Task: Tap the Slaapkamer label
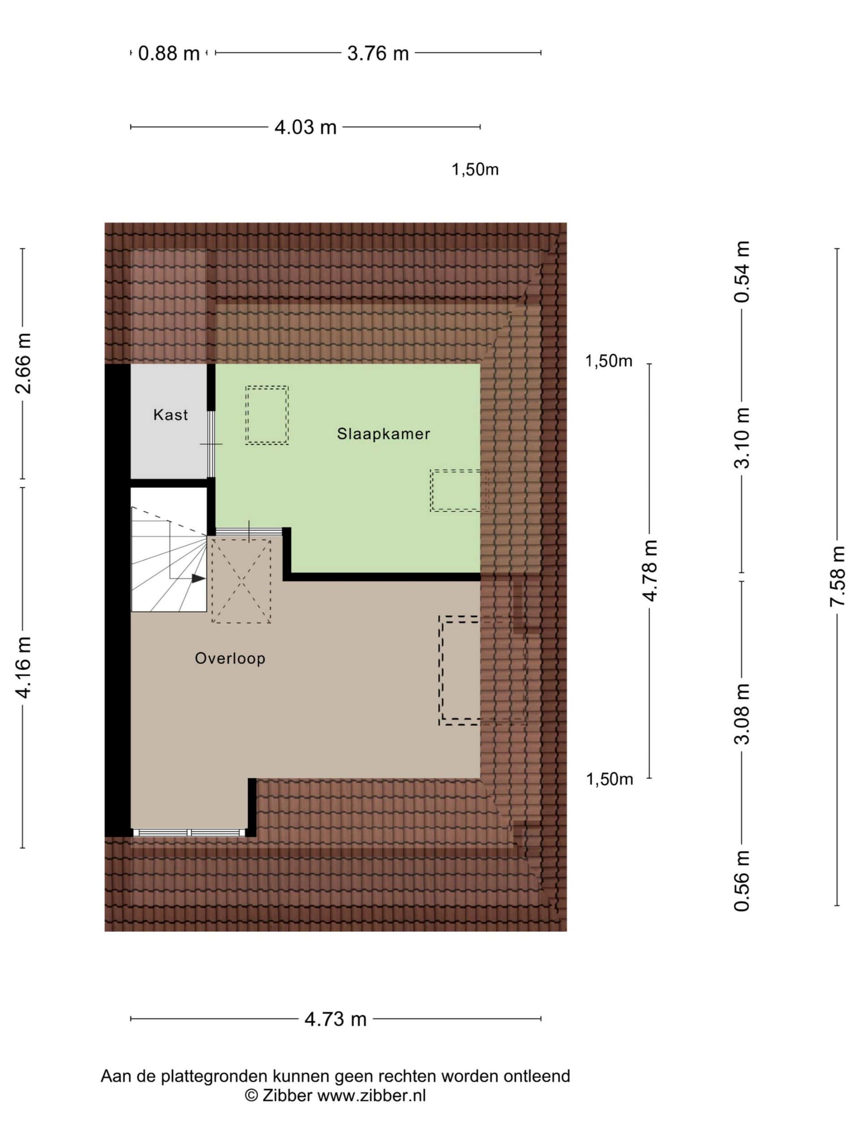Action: (383, 434)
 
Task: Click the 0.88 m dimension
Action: (169, 53)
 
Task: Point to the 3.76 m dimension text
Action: (378, 53)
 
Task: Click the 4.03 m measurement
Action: (305, 128)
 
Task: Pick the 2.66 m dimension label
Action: (24, 363)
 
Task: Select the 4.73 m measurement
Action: (335, 1019)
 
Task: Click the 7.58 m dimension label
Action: (837, 576)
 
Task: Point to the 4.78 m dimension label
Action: (649, 570)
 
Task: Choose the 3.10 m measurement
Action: (742, 438)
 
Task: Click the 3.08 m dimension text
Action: (742, 714)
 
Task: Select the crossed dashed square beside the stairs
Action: (241, 581)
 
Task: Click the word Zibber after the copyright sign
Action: (287, 1095)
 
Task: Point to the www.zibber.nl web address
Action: (372, 1095)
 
